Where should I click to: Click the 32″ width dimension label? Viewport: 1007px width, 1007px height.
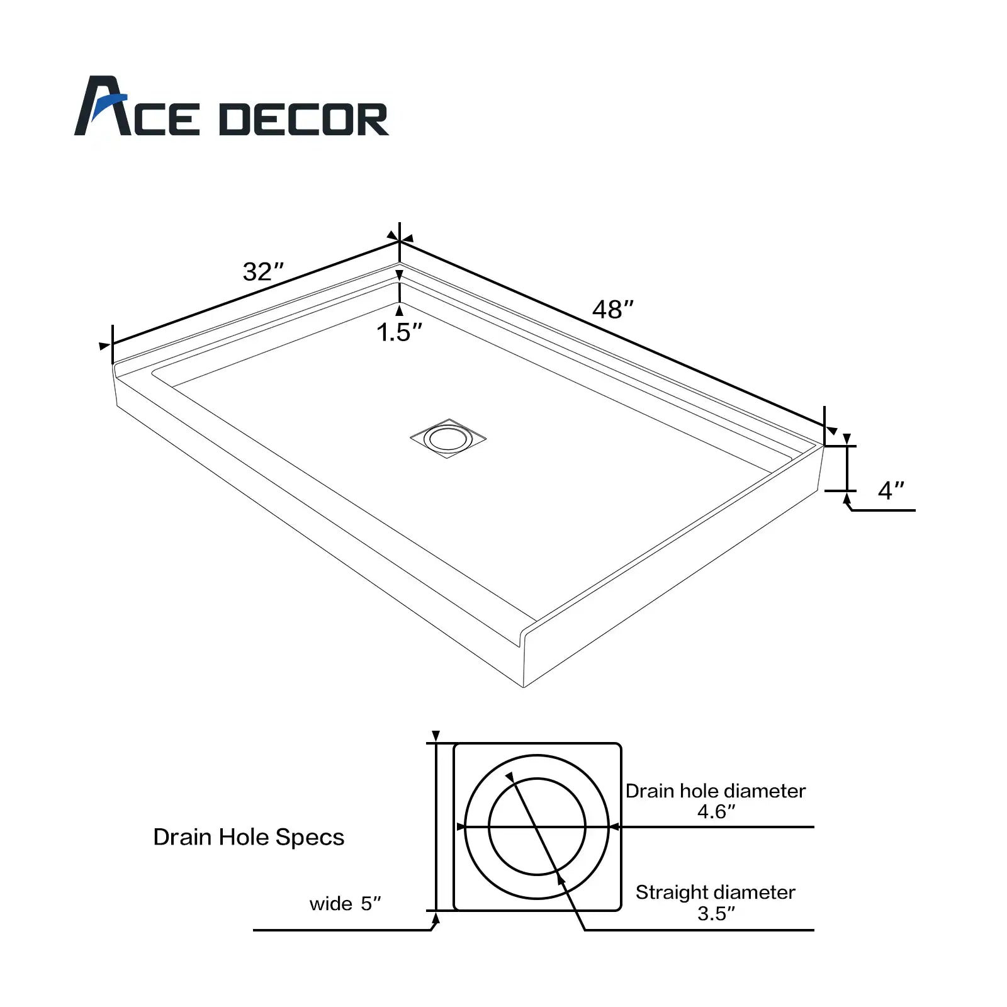pyautogui.click(x=263, y=271)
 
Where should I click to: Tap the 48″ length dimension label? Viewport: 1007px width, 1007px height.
pyautogui.click(x=613, y=309)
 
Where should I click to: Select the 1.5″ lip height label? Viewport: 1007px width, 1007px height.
pyautogui.click(x=399, y=332)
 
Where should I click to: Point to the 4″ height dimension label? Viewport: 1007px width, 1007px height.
pyautogui.click(x=891, y=490)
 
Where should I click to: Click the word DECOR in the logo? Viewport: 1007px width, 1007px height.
pyautogui.click(x=304, y=120)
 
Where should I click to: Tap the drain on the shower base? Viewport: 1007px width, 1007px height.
pyautogui.click(x=448, y=438)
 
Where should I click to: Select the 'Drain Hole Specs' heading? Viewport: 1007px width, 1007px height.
pyautogui.click(x=249, y=837)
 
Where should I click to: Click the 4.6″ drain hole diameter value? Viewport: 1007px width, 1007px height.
pyautogui.click(x=716, y=811)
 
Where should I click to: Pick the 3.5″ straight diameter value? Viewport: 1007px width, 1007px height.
pyautogui.click(x=716, y=913)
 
